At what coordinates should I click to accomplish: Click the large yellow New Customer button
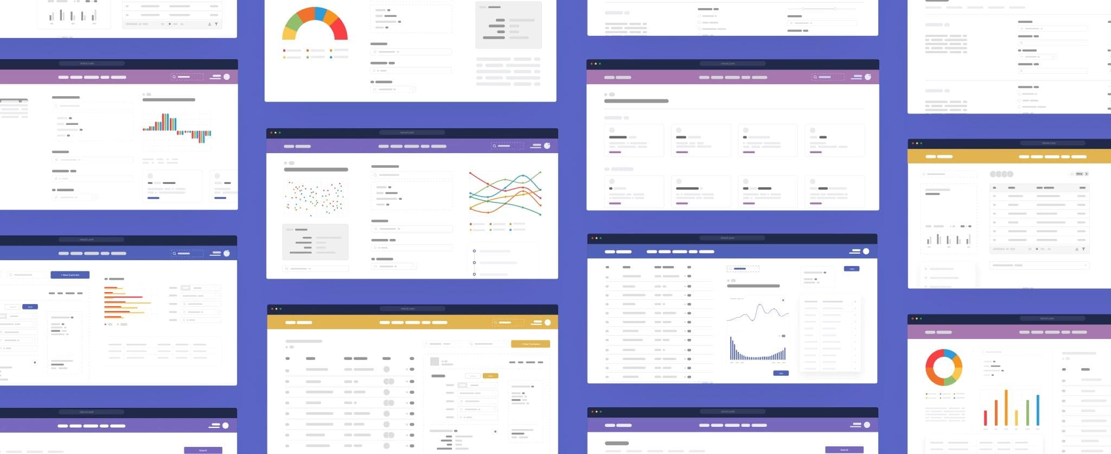pyautogui.click(x=530, y=344)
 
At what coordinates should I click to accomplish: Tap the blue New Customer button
pyautogui.click(x=70, y=275)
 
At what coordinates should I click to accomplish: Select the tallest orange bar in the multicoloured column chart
pyautogui.click(x=1006, y=407)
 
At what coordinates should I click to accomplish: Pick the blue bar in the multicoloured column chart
pyautogui.click(x=1038, y=410)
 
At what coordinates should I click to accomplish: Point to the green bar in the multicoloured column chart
pyautogui.click(x=1027, y=413)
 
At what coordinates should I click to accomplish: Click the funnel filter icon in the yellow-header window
pyautogui.click(x=1083, y=249)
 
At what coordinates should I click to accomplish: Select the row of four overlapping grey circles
pyautogui.click(x=1001, y=174)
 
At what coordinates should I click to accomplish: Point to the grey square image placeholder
pyautogui.click(x=434, y=361)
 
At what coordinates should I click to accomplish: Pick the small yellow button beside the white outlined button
pyautogui.click(x=490, y=376)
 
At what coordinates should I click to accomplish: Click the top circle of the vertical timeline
pyautogui.click(x=474, y=251)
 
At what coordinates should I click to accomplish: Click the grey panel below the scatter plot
pyautogui.click(x=315, y=242)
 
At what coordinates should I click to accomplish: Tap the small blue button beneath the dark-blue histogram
pyautogui.click(x=781, y=373)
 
